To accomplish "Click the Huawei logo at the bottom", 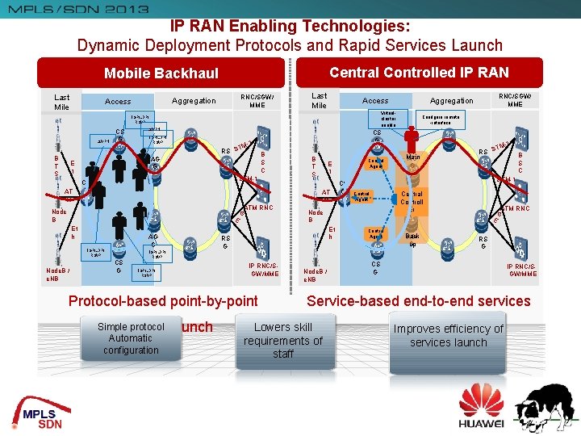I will click(481, 407).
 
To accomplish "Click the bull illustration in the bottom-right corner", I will click(545, 407).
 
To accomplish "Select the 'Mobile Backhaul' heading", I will click(161, 73).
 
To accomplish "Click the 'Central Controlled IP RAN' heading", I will click(419, 72).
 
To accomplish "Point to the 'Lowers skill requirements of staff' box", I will click(283, 340).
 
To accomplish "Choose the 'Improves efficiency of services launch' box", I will click(448, 335).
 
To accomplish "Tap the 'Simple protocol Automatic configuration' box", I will click(131, 338).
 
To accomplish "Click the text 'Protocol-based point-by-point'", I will click(163, 301).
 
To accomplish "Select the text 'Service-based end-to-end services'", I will click(419, 301).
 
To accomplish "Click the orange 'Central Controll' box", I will click(412, 198).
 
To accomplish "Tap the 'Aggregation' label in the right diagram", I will click(452, 101).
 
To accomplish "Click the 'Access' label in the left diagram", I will click(118, 101).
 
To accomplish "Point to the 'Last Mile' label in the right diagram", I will click(320, 100).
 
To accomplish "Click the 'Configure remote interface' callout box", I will click(442, 118).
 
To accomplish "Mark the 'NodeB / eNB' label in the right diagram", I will click(311, 275).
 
